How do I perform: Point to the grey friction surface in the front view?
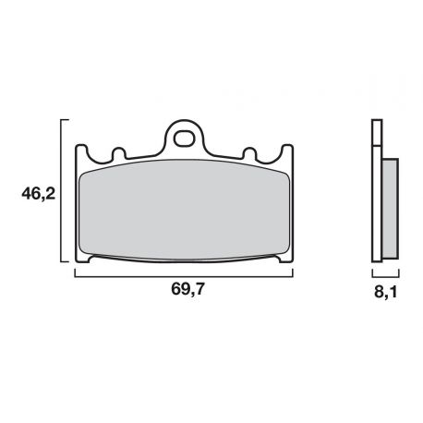[184, 209]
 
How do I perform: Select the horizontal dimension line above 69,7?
[184, 274]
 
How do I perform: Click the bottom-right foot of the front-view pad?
[282, 260]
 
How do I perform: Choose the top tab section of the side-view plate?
[375, 135]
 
